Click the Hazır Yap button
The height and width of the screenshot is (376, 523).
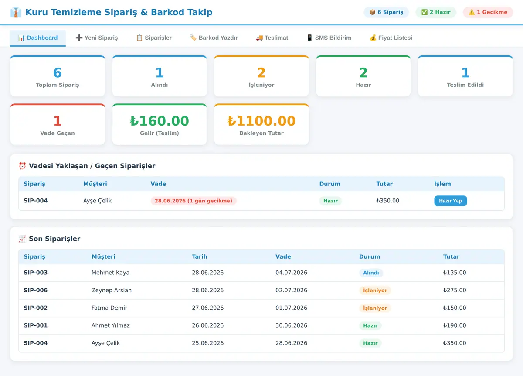[450, 201]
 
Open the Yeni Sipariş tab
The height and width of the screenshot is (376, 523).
[97, 38]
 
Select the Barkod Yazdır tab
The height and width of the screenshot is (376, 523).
[214, 38]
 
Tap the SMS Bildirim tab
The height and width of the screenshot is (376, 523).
[329, 38]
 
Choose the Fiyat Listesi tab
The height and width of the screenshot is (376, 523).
[391, 38]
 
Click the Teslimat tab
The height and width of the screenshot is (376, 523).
[272, 38]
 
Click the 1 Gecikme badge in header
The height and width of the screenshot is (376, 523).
[488, 12]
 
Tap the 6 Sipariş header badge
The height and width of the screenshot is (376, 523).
[386, 12]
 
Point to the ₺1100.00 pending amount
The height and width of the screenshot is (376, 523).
[261, 121]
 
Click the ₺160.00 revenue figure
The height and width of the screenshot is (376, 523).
[160, 121]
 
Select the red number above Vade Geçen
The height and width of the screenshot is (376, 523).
[58, 121]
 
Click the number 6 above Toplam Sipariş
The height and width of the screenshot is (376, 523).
[58, 72]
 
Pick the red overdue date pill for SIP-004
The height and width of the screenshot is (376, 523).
[194, 201]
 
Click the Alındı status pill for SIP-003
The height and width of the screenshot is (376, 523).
[371, 273]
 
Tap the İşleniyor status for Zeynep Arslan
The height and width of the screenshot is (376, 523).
[375, 290]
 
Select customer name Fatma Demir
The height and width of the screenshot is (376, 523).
[109, 308]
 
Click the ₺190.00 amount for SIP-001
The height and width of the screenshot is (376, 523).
[455, 325]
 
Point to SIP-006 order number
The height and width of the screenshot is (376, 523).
[35, 290]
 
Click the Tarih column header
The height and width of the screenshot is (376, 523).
[200, 256]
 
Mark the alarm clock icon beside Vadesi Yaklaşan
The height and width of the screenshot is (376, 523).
[22, 166]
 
